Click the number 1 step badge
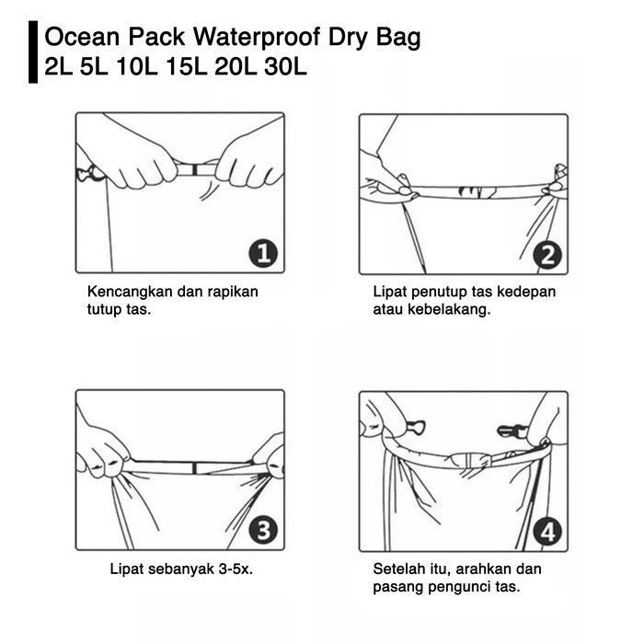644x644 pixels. [263, 254]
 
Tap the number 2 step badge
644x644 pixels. [547, 256]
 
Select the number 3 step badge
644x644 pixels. [263, 531]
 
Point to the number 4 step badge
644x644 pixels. [547, 533]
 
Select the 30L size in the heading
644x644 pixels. [285, 66]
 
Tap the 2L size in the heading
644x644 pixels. [58, 66]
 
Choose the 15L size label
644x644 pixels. [186, 66]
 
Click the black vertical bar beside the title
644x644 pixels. [33, 52]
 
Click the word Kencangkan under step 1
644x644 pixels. [130, 292]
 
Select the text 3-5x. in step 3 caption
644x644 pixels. [236, 569]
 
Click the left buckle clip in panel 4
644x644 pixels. [415, 428]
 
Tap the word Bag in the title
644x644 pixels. [398, 38]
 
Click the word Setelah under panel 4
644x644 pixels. [398, 569]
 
